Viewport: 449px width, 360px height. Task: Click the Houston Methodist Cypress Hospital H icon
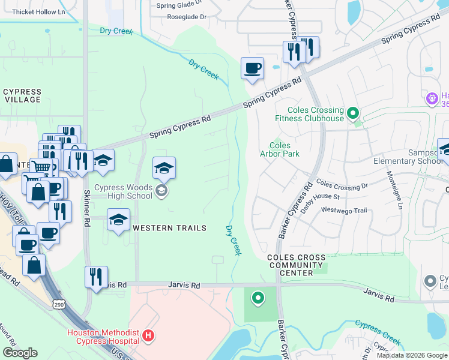pyautogui.click(x=149, y=337)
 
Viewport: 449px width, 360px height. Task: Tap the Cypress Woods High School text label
pyautogui.click(x=124, y=191)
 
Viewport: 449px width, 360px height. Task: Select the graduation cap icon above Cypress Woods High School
pyautogui.click(x=164, y=169)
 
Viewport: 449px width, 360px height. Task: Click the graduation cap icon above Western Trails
pyautogui.click(x=118, y=220)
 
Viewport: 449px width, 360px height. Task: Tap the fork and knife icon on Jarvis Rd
pyautogui.click(x=96, y=277)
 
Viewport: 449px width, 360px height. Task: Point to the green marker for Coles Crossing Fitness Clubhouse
pyautogui.click(x=353, y=112)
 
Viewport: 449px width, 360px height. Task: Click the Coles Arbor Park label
pyautogui.click(x=280, y=149)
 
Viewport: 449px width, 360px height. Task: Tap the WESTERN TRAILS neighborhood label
pyautogui.click(x=169, y=228)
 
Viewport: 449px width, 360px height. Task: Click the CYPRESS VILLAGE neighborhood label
pyautogui.click(x=22, y=96)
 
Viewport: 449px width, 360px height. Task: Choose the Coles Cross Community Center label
pyautogui.click(x=297, y=265)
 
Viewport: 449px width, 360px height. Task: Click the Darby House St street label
pyautogui.click(x=320, y=197)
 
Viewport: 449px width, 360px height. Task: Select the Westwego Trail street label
pyautogui.click(x=343, y=210)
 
